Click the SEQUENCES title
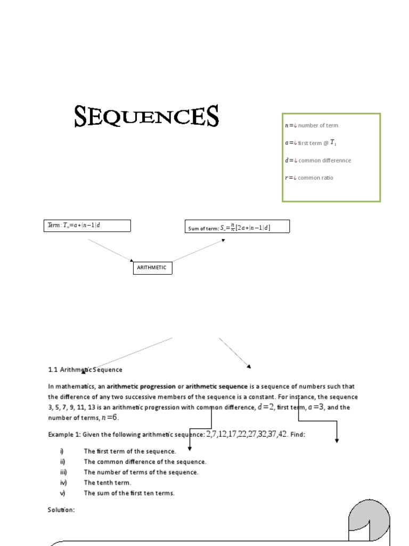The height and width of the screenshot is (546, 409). (x=146, y=116)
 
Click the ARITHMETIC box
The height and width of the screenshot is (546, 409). (x=152, y=268)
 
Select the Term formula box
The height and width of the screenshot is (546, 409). (x=87, y=226)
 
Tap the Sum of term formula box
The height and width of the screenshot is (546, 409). (x=237, y=227)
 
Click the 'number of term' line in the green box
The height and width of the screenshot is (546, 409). (x=312, y=125)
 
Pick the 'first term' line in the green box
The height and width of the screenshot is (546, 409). (x=311, y=142)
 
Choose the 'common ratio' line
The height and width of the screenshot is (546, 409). (x=309, y=178)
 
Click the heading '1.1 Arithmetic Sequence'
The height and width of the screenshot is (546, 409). (x=85, y=370)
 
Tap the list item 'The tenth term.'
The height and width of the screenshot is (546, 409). (x=107, y=483)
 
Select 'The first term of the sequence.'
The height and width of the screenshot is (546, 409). (x=129, y=451)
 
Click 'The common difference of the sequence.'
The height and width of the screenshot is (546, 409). (x=145, y=462)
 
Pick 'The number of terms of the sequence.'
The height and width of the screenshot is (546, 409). (x=141, y=472)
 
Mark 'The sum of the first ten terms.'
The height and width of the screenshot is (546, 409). (x=129, y=493)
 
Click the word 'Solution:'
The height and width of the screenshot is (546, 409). (x=61, y=510)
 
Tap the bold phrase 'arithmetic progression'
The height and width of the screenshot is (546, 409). (x=141, y=387)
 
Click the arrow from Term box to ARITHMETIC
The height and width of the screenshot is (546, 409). (x=111, y=250)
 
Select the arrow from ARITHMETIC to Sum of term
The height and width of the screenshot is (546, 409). (x=198, y=251)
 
